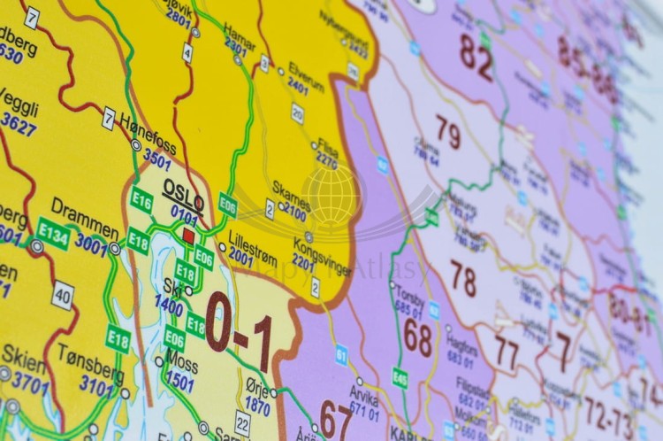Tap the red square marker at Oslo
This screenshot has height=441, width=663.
[x=187, y=236]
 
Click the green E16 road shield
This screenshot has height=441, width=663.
[x=141, y=199]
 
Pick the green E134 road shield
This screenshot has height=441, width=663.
[x=53, y=234]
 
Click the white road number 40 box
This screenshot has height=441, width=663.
[x=62, y=295]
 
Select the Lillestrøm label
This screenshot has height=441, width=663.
[x=253, y=243]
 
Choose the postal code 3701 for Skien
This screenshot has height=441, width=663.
[x=30, y=383]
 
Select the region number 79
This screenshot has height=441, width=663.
[x=448, y=133]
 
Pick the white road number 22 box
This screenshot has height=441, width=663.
[x=242, y=422]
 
